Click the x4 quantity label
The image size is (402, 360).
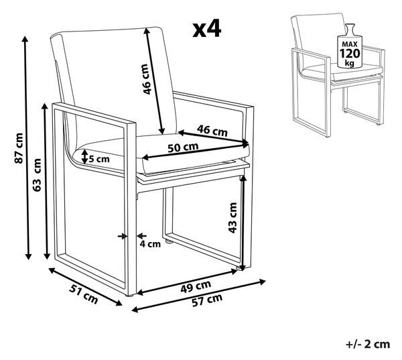pos(206,29)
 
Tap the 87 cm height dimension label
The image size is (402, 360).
pos(19,148)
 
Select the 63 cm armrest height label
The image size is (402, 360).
pos(37,175)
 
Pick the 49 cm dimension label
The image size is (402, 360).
pos(196,286)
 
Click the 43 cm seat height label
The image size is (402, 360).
pos(232,218)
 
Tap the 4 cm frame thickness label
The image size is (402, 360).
pos(150,244)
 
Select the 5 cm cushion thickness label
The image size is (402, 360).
pos(99,159)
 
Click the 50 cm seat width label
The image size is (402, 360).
pos(183,147)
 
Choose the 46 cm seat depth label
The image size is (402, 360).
pos(212,131)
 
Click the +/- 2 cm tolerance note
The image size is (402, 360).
pos(368,344)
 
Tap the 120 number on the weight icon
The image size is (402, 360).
pos(350,54)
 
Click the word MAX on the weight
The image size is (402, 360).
pos(350,44)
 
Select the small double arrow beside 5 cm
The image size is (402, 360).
pos(84,157)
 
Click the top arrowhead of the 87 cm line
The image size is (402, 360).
pos(25,39)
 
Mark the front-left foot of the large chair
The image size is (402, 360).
pos(130,296)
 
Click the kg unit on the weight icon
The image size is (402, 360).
pos(349,63)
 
